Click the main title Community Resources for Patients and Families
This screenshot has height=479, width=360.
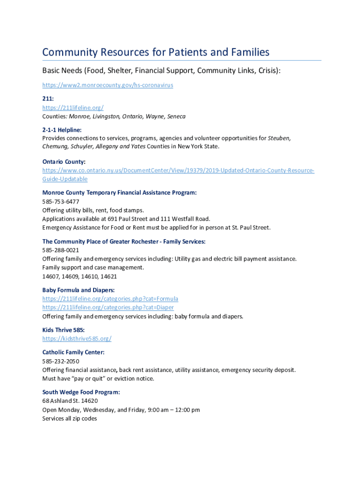(156, 52)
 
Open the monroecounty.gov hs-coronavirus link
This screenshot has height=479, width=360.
(108, 85)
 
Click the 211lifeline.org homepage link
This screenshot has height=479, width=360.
(70, 108)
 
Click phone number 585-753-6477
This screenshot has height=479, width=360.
(61, 201)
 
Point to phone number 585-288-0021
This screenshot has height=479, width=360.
(61, 250)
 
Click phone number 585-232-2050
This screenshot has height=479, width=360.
(61, 361)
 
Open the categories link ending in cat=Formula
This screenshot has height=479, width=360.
(110, 298)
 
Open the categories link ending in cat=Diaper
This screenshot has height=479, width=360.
(108, 307)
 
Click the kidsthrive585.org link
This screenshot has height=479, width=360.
(77, 339)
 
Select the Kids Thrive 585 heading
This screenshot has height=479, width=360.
(64, 330)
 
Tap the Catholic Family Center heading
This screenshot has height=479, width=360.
(73, 352)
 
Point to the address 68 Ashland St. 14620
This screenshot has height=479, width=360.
(70, 401)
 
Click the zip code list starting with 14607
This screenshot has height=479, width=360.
(79, 276)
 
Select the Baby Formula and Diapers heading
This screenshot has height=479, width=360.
(79, 290)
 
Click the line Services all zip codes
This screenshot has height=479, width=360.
(70, 419)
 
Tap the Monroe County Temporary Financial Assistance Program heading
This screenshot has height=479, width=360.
(119, 192)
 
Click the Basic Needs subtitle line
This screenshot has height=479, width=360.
(161, 71)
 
